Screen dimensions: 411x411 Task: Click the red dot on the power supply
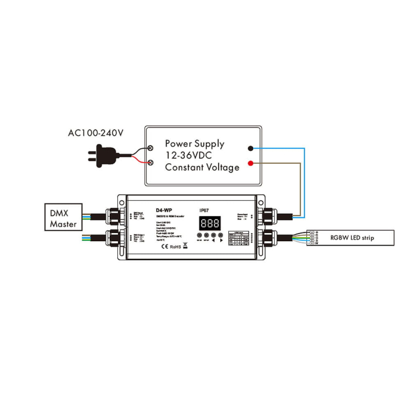tap(251, 163)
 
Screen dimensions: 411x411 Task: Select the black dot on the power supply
tap(251, 149)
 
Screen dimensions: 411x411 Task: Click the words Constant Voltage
tap(202, 167)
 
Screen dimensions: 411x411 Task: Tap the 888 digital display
tap(211, 223)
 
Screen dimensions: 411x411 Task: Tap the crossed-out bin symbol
tap(185, 245)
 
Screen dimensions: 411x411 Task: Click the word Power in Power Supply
tap(179, 143)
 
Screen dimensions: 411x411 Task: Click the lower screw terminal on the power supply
tap(151, 161)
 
